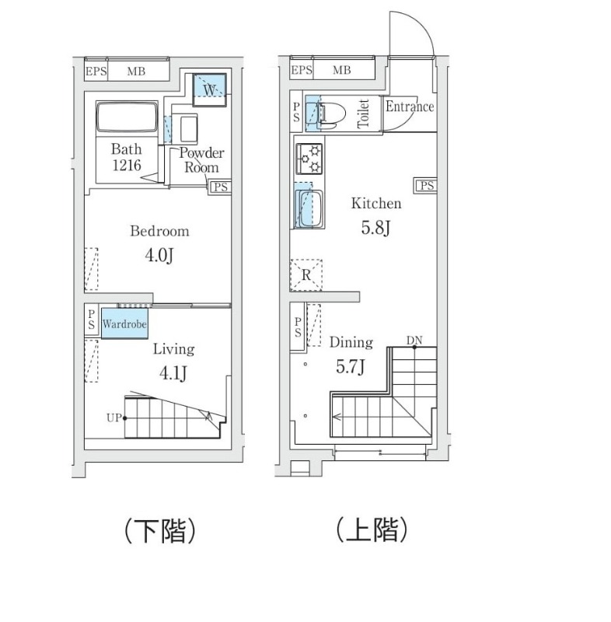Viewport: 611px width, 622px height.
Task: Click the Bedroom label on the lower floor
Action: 159,231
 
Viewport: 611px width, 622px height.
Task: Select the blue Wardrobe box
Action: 124,323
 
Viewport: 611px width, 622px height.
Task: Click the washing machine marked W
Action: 210,88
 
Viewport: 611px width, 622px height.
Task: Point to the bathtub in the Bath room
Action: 127,118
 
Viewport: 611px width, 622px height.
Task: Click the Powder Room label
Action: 201,160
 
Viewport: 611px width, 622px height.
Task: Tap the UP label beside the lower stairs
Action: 113,418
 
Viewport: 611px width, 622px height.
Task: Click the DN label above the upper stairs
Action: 414,341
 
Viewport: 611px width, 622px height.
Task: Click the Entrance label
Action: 409,107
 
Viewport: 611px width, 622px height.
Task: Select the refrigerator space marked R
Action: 306,274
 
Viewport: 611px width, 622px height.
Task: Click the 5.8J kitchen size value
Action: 375,229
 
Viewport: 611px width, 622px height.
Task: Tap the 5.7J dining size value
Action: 351,366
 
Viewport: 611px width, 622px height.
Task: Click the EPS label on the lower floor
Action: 96,71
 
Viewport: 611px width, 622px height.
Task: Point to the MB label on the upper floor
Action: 342,71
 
